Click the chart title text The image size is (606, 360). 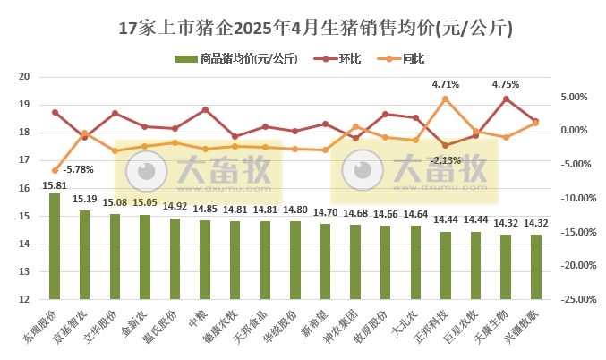point(303,28)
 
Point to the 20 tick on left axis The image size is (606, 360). point(25,77)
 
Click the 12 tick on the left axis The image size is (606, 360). point(25,300)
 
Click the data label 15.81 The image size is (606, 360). point(55,185)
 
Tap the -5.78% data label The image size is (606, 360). point(79,169)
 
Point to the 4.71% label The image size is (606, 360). point(445,84)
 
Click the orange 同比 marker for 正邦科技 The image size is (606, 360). point(446,99)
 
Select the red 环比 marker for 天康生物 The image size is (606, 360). point(507,99)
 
